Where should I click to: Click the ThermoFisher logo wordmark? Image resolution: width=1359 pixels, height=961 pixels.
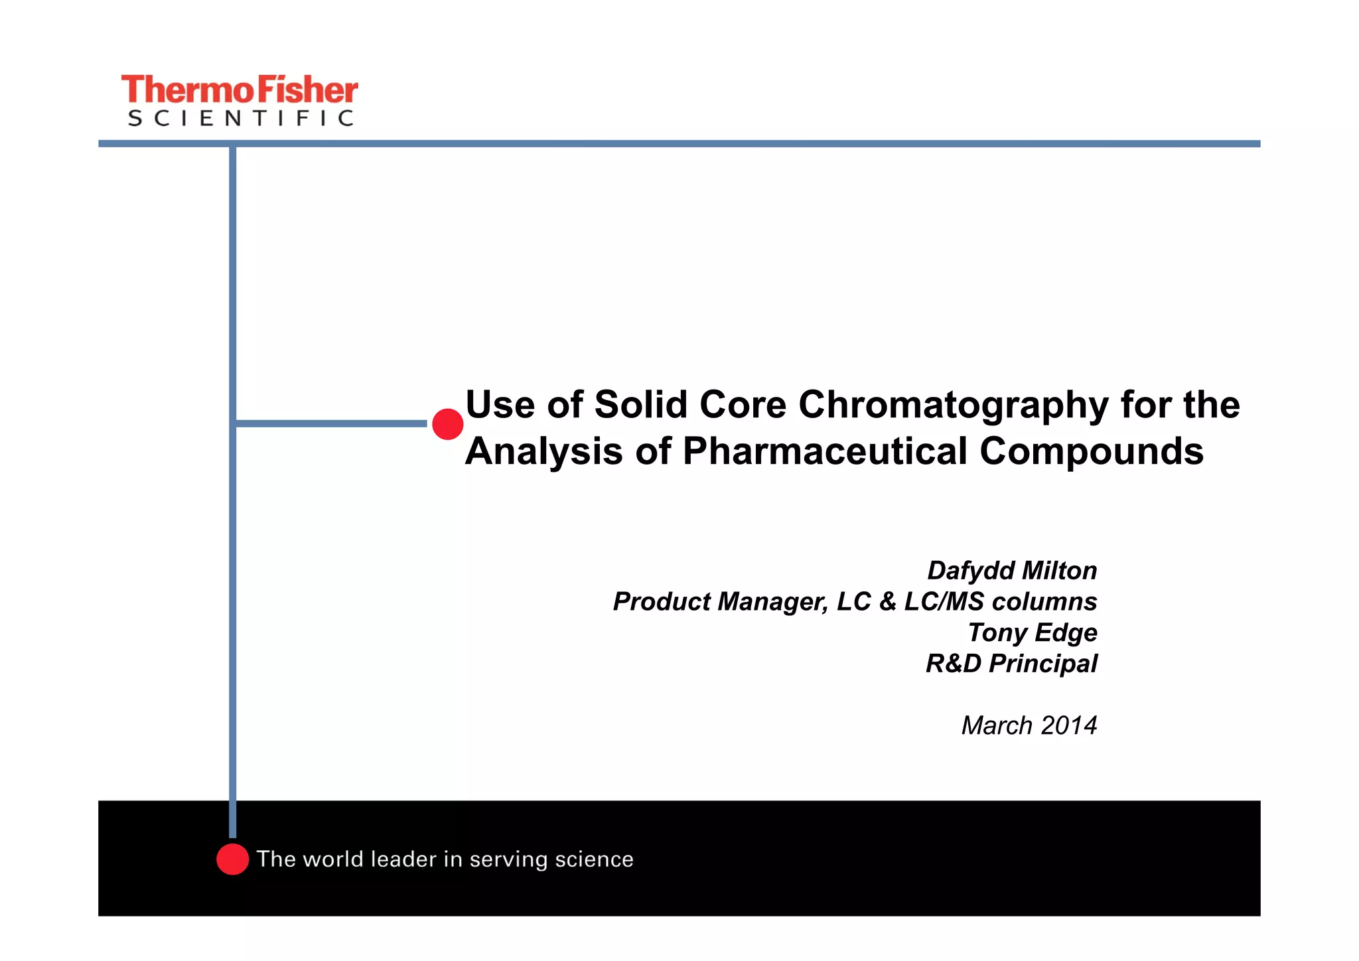pyautogui.click(x=239, y=90)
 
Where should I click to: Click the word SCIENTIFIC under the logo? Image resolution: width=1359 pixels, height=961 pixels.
pyautogui.click(x=240, y=119)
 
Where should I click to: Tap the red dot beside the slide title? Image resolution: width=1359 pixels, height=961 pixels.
pyautogui.click(x=448, y=424)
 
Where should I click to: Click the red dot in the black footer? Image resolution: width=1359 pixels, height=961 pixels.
pyautogui.click(x=232, y=859)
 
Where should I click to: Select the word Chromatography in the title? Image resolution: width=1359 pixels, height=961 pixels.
pyautogui.click(x=953, y=405)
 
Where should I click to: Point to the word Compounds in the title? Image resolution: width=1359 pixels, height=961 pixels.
pyautogui.click(x=1091, y=451)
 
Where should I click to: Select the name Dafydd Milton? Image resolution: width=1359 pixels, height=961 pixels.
pyautogui.click(x=1011, y=571)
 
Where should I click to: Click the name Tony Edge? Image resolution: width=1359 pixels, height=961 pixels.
pyautogui.click(x=1032, y=632)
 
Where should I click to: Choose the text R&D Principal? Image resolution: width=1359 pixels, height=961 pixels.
pyautogui.click(x=1011, y=664)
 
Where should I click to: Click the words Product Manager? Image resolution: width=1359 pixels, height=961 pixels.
pyautogui.click(x=720, y=602)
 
